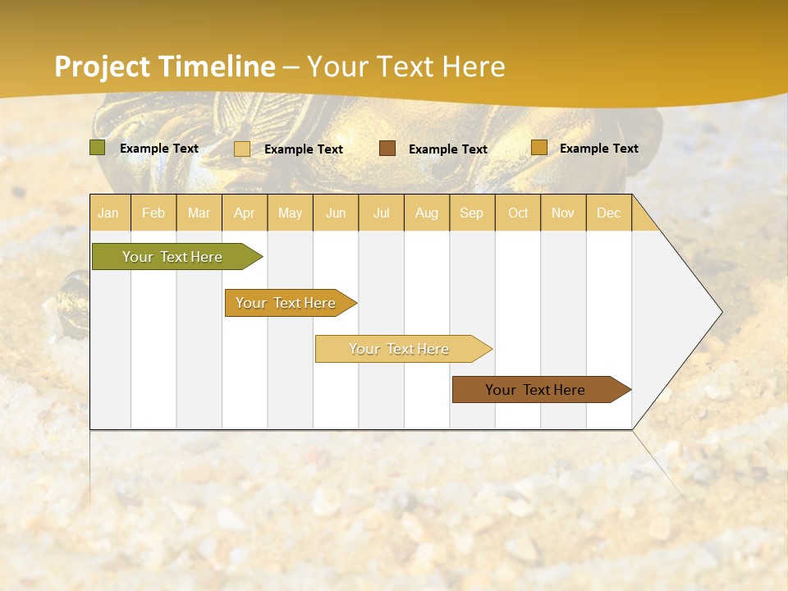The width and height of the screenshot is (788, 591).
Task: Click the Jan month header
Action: (109, 213)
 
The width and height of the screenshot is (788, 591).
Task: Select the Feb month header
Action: (153, 213)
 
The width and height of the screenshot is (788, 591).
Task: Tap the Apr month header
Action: (245, 213)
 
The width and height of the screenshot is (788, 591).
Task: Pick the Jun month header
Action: (336, 213)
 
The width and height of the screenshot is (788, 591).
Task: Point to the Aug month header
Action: (427, 213)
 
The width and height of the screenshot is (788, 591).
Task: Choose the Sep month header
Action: (471, 213)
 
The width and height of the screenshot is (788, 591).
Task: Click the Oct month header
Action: (518, 213)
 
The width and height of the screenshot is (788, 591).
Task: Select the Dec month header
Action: (609, 213)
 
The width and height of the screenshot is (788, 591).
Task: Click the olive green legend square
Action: (98, 148)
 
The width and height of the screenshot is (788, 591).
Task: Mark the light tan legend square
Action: (242, 149)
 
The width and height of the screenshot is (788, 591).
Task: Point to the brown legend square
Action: (387, 149)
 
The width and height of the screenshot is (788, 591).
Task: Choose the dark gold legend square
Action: (539, 148)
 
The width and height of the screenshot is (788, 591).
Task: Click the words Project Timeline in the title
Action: (164, 66)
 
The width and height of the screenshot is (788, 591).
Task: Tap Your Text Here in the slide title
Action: (405, 66)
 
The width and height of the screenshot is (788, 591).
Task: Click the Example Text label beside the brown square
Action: (448, 149)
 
